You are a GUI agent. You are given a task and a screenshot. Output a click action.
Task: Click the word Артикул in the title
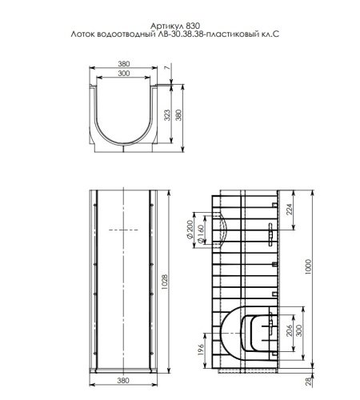(166, 26)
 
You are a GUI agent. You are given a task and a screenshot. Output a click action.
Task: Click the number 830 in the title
(193, 26)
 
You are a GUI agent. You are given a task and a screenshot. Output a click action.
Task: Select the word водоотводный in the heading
(125, 34)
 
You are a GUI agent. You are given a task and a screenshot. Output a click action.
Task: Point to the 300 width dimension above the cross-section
(123, 73)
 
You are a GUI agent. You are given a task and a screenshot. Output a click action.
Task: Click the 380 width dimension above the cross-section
(123, 64)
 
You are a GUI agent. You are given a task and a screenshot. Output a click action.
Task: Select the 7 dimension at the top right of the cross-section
(167, 67)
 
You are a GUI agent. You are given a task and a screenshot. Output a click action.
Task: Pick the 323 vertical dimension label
(167, 115)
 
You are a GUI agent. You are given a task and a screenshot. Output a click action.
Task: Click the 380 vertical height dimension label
(178, 115)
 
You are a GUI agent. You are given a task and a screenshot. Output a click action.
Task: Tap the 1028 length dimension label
(165, 282)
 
